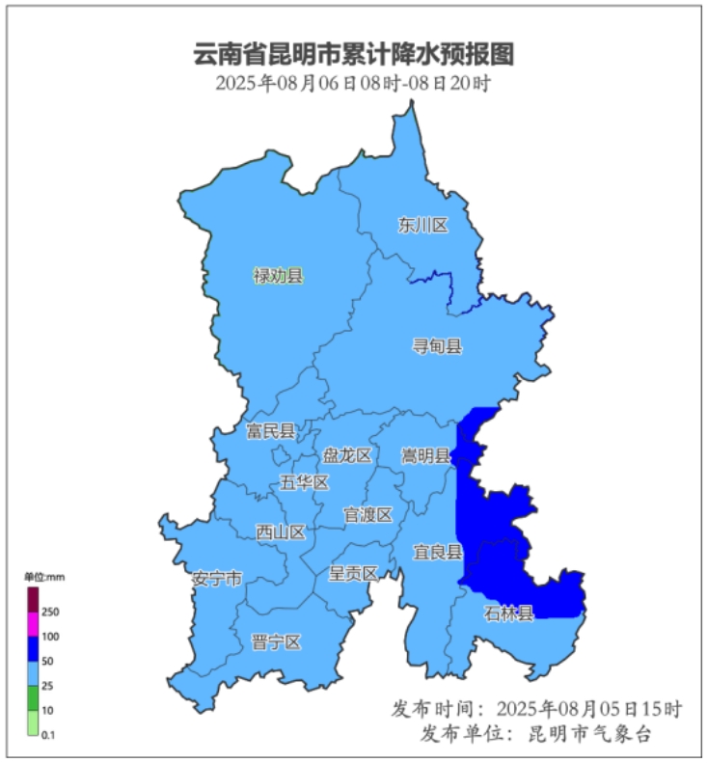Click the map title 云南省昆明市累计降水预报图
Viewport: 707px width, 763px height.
pyautogui.click(x=354, y=54)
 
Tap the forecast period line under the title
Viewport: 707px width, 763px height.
pyautogui.click(x=354, y=83)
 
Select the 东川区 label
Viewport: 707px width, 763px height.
pyautogui.click(x=423, y=226)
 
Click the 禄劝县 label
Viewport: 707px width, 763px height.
pyautogui.click(x=278, y=277)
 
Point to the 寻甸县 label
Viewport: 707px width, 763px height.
pyautogui.click(x=437, y=346)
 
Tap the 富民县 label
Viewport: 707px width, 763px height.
pyautogui.click(x=270, y=431)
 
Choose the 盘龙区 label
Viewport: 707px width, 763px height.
pyautogui.click(x=347, y=455)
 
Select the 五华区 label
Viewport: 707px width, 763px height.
pyautogui.click(x=304, y=482)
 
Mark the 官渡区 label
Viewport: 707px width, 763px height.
pyautogui.click(x=368, y=515)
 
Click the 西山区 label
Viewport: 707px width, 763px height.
pyautogui.click(x=281, y=531)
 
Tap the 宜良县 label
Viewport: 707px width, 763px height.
pyautogui.click(x=438, y=553)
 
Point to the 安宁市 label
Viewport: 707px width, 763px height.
pyautogui.click(x=217, y=579)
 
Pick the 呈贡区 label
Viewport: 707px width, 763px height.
pyautogui.click(x=353, y=573)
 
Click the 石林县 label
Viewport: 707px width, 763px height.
pyautogui.click(x=508, y=613)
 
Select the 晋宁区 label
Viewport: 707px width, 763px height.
pyautogui.click(x=277, y=642)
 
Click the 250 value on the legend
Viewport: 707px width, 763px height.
pyautogui.click(x=51, y=612)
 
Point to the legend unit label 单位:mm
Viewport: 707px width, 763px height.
pyautogui.click(x=44, y=576)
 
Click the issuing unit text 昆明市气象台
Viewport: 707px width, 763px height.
pyautogui.click(x=589, y=734)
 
